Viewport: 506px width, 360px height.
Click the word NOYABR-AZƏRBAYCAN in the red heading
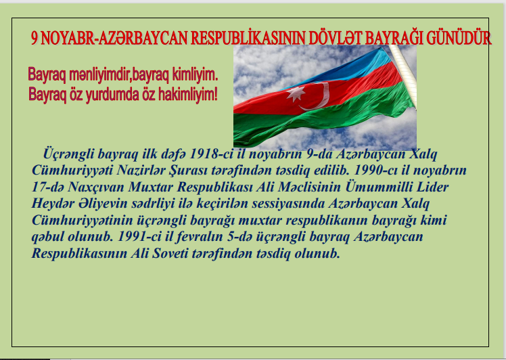(114, 38)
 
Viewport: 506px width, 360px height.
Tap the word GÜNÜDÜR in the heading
(459, 38)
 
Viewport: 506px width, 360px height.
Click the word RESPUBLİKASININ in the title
(248, 38)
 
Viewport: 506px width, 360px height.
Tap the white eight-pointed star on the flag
(295, 94)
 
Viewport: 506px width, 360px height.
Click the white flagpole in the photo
(403, 75)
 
